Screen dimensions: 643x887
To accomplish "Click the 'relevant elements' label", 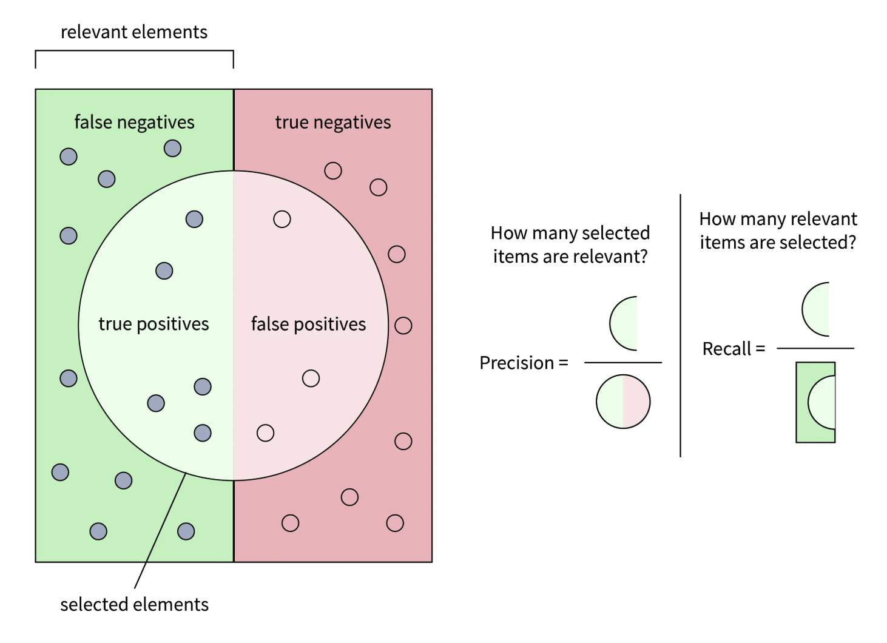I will (x=134, y=32).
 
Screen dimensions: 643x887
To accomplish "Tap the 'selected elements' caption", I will (x=134, y=605).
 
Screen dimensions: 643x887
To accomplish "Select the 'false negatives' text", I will (x=134, y=123).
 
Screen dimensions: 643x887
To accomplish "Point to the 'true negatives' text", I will (x=333, y=123).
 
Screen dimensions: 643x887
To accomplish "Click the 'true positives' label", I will (x=153, y=324).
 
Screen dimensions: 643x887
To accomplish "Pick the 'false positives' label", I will (x=308, y=324).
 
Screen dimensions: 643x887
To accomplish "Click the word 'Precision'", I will (x=516, y=363).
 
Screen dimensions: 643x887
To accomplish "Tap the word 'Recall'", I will (x=726, y=349).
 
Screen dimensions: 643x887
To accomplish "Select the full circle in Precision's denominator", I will (x=623, y=402).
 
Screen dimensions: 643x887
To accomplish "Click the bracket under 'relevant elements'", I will (x=134, y=51).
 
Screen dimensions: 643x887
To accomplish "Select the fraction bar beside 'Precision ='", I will (x=622, y=363).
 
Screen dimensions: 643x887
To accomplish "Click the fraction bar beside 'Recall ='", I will (x=815, y=348).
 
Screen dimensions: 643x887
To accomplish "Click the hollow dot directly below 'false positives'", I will (x=311, y=379).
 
